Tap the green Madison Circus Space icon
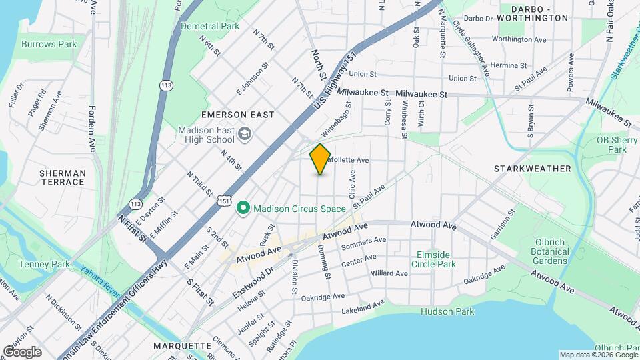click(243, 209)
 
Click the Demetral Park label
click(209, 26)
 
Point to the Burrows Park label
click(49, 45)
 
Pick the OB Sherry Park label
click(611, 145)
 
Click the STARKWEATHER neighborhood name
click(533, 169)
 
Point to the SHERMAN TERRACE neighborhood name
click(63, 177)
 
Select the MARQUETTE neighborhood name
click(182, 346)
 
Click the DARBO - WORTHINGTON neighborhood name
click(539, 13)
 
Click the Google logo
click(22, 351)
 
